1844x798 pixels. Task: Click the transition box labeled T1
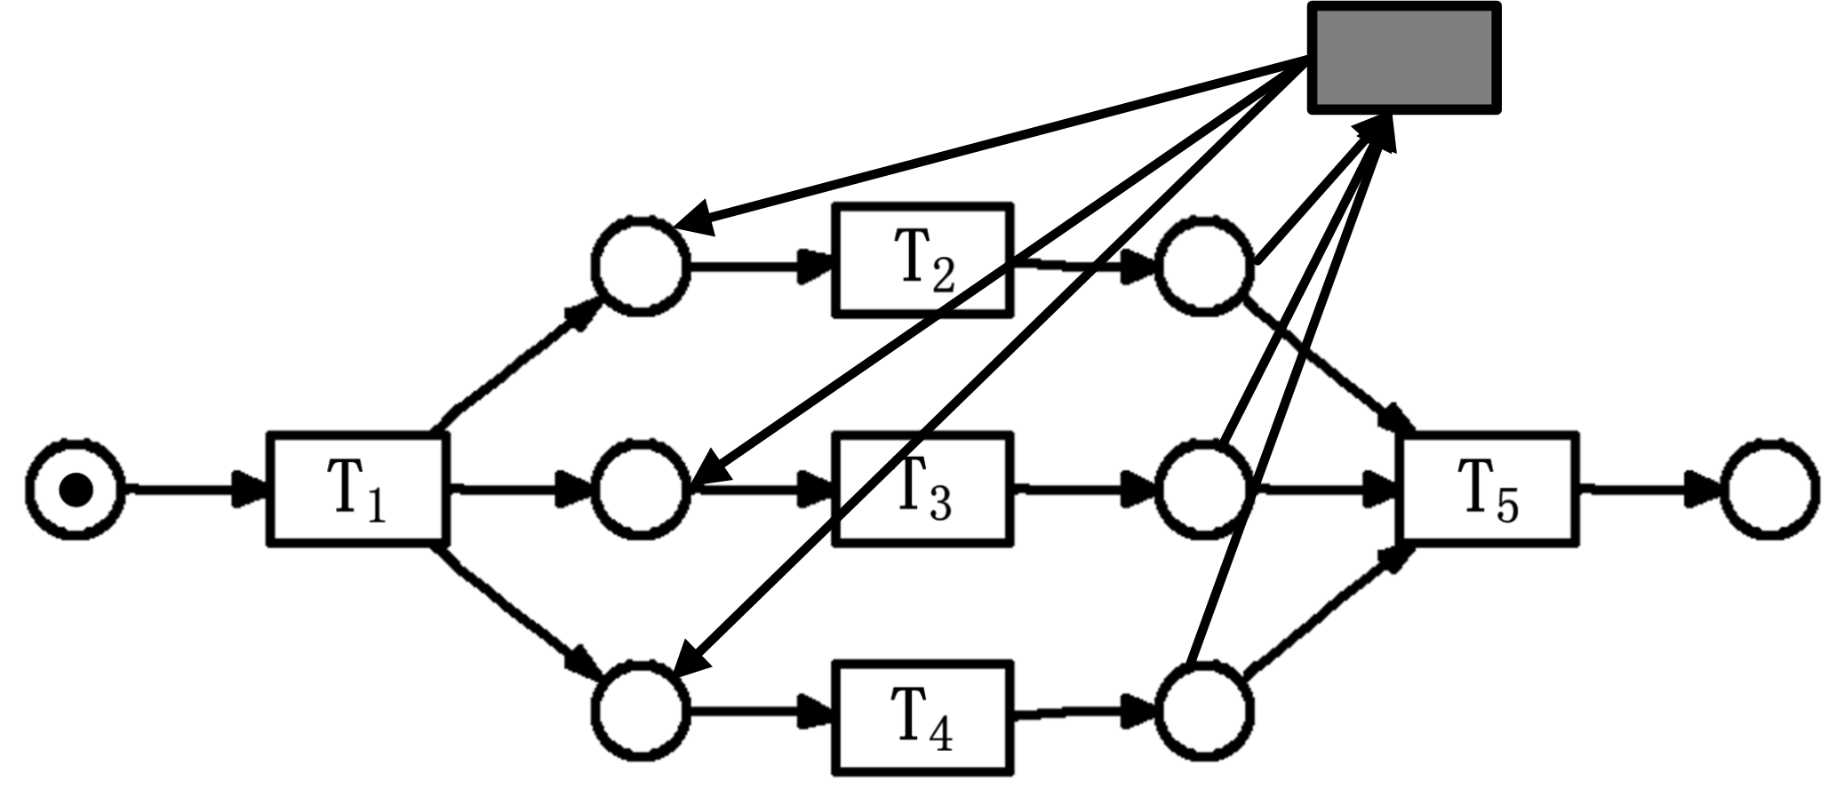[x=356, y=488]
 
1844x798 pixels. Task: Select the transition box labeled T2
[x=922, y=259]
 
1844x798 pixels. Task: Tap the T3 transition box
[x=922, y=488]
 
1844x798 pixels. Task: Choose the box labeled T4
[x=922, y=717]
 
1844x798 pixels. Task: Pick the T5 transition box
[x=1489, y=488]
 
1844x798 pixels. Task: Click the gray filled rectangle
[x=1404, y=58]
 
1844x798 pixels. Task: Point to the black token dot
[x=76, y=490]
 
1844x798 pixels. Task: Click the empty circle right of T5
[x=1768, y=489]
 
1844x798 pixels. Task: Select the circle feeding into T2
[x=641, y=264]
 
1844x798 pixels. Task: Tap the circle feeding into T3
[x=641, y=489]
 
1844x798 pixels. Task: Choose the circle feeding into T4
[x=641, y=712]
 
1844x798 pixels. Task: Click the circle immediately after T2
[x=1204, y=266]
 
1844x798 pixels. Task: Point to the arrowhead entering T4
[x=813, y=712]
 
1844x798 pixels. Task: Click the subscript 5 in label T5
[x=1508, y=506]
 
